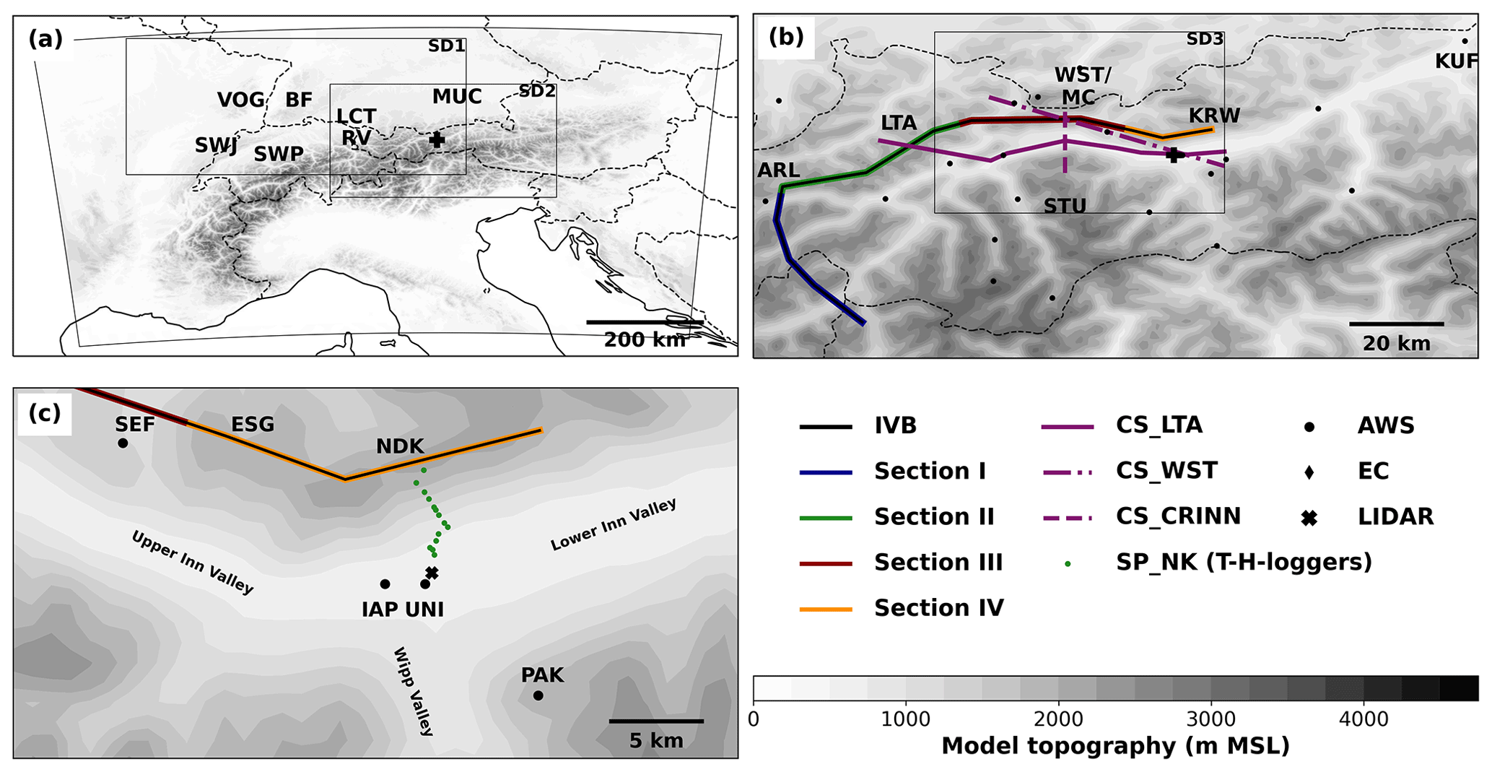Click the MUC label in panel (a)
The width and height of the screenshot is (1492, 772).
(x=457, y=97)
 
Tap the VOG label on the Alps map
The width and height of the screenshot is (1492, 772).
(x=241, y=100)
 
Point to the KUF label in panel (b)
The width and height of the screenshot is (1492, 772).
(x=1457, y=62)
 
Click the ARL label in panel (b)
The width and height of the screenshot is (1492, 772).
(x=778, y=170)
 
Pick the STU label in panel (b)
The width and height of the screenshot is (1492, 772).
(x=1065, y=207)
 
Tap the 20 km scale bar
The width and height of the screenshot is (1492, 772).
(x=1396, y=324)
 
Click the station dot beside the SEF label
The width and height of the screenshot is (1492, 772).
(x=123, y=443)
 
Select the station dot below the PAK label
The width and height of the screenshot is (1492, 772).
(x=538, y=696)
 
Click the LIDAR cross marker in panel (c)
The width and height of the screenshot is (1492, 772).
(x=432, y=573)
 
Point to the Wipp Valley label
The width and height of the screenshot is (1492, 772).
(x=413, y=691)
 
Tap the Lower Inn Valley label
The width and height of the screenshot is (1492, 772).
(x=613, y=525)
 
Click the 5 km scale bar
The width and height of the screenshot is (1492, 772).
(x=655, y=721)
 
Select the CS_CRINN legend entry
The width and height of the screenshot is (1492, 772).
(x=1178, y=516)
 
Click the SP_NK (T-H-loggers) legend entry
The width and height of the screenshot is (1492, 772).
(x=1243, y=562)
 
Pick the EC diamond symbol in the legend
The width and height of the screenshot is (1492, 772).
(x=1309, y=472)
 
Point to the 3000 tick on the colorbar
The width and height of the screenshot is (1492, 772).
(x=1210, y=719)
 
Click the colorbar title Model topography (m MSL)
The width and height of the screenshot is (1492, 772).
(x=1115, y=746)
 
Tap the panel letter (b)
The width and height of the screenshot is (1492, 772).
(x=786, y=37)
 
